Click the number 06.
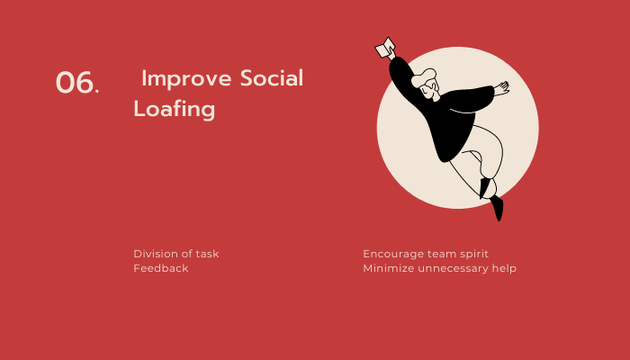click(x=77, y=83)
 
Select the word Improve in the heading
click(x=186, y=78)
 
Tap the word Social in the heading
click(x=272, y=77)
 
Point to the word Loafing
click(x=175, y=109)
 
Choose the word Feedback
click(x=161, y=268)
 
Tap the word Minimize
click(x=389, y=268)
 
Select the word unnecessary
click(x=454, y=268)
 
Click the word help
click(x=504, y=268)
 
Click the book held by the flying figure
click(x=385, y=48)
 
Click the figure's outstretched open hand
click(x=501, y=88)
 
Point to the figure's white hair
click(x=423, y=77)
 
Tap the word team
click(x=441, y=254)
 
